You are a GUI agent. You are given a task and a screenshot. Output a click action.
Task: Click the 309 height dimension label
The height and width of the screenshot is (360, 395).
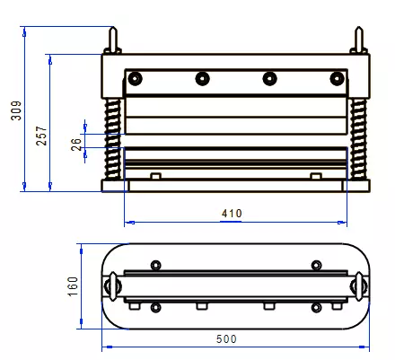coord(16,110)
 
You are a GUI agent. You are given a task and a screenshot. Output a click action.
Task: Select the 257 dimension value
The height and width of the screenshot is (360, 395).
coord(41,136)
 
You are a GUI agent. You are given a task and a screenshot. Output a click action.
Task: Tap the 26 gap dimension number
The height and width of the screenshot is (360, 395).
coord(76,145)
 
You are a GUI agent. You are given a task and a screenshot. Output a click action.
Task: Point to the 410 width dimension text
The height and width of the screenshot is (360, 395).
coord(232,214)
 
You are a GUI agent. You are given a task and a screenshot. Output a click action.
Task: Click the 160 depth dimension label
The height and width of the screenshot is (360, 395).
coord(73,286)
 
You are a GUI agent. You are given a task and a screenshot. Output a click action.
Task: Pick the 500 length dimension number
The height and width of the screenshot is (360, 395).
coord(226,338)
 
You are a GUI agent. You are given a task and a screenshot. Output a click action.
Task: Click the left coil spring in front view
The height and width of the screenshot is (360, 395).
coord(112,139)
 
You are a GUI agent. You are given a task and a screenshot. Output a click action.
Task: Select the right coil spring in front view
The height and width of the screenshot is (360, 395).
coord(358,139)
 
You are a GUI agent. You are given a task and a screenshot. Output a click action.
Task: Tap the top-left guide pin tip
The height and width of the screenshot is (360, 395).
coord(113,28)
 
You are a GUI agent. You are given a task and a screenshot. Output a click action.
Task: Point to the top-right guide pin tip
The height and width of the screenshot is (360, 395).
coord(359,28)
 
